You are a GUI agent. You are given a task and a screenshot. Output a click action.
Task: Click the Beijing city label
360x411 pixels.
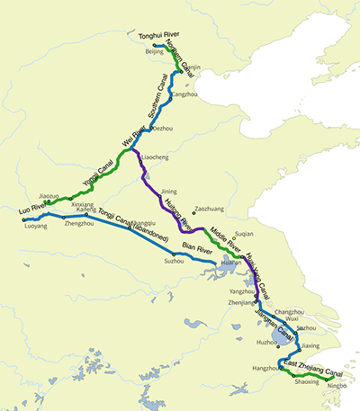point(155,53)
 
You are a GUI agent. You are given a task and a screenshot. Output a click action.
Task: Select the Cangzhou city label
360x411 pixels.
point(183,94)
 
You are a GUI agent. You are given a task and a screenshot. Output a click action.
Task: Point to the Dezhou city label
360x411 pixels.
point(162,129)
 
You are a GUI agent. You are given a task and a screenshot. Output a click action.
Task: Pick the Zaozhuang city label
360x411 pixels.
point(209,209)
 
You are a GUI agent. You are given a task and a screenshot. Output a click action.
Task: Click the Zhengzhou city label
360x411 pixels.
point(79,223)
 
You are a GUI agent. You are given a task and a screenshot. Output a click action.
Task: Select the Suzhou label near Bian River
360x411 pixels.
point(174,261)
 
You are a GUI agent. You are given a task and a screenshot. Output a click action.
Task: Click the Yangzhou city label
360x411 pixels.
point(241,291)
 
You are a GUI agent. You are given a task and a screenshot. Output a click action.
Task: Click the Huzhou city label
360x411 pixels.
point(267,342)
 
